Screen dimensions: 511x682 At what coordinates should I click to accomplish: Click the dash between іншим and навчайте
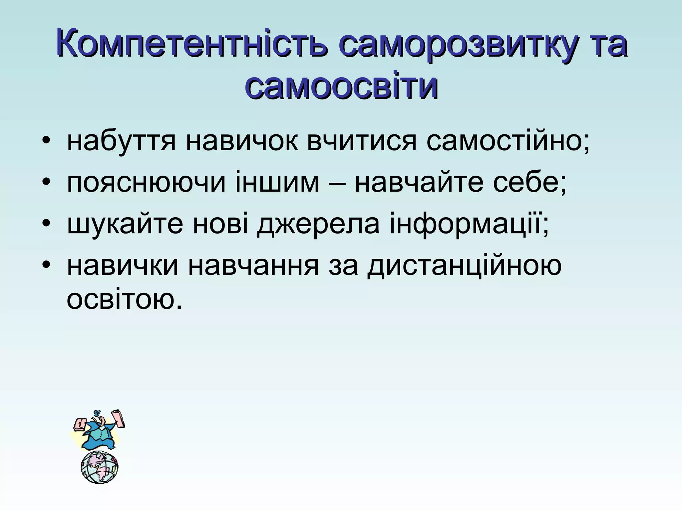point(336,183)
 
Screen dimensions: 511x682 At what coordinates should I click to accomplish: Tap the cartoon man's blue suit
point(100,436)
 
